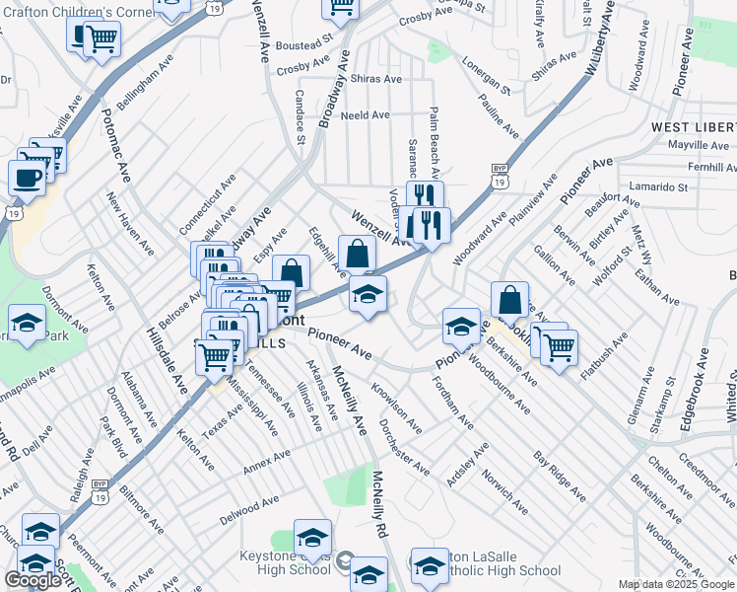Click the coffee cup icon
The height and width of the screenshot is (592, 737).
coord(27,178)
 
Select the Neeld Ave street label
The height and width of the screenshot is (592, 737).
coord(365,115)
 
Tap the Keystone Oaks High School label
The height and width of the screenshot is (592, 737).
coord(285,562)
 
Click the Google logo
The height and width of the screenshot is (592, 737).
coord(33,580)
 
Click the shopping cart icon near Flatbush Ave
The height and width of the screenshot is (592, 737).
coord(559,346)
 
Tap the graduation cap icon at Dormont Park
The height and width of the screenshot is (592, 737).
coord(27,323)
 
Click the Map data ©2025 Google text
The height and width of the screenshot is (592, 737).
coord(676,584)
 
